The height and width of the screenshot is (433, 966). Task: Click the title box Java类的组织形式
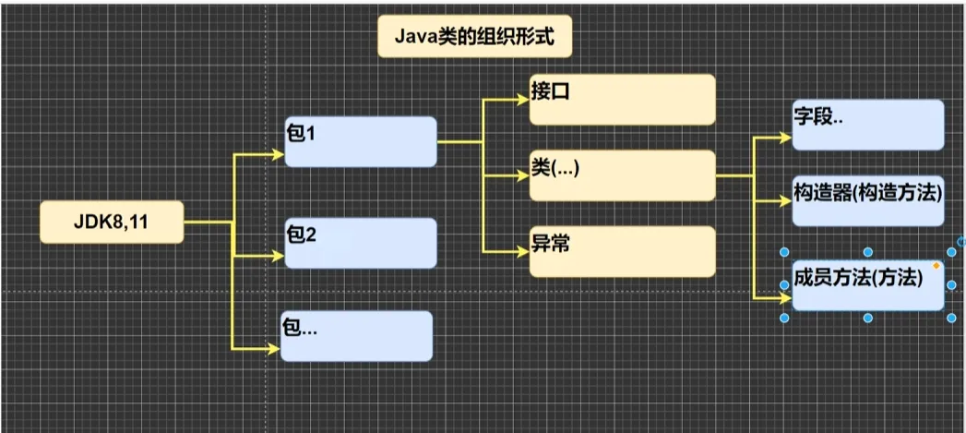pos(471,38)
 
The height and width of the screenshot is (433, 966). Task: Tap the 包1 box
pos(360,142)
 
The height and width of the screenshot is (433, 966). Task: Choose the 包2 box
pos(360,243)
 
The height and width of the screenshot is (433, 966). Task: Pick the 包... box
pos(356,335)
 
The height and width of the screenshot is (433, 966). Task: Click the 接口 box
pos(622,100)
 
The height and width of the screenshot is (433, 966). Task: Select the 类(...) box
pos(622,175)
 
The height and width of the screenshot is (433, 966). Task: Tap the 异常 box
pos(622,250)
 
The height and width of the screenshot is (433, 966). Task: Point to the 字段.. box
pos(867,125)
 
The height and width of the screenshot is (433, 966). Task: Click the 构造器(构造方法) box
pos(867,200)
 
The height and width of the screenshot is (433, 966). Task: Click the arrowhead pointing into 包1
pos(279,155)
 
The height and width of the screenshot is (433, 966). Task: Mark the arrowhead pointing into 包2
pos(279,255)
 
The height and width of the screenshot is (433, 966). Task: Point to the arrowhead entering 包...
pos(274,348)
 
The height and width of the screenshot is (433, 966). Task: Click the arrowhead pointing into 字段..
pos(786,138)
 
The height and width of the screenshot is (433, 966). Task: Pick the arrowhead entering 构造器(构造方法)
pos(786,200)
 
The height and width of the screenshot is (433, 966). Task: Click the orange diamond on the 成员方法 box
pos(936,266)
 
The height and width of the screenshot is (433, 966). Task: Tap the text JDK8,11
pos(110,223)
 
